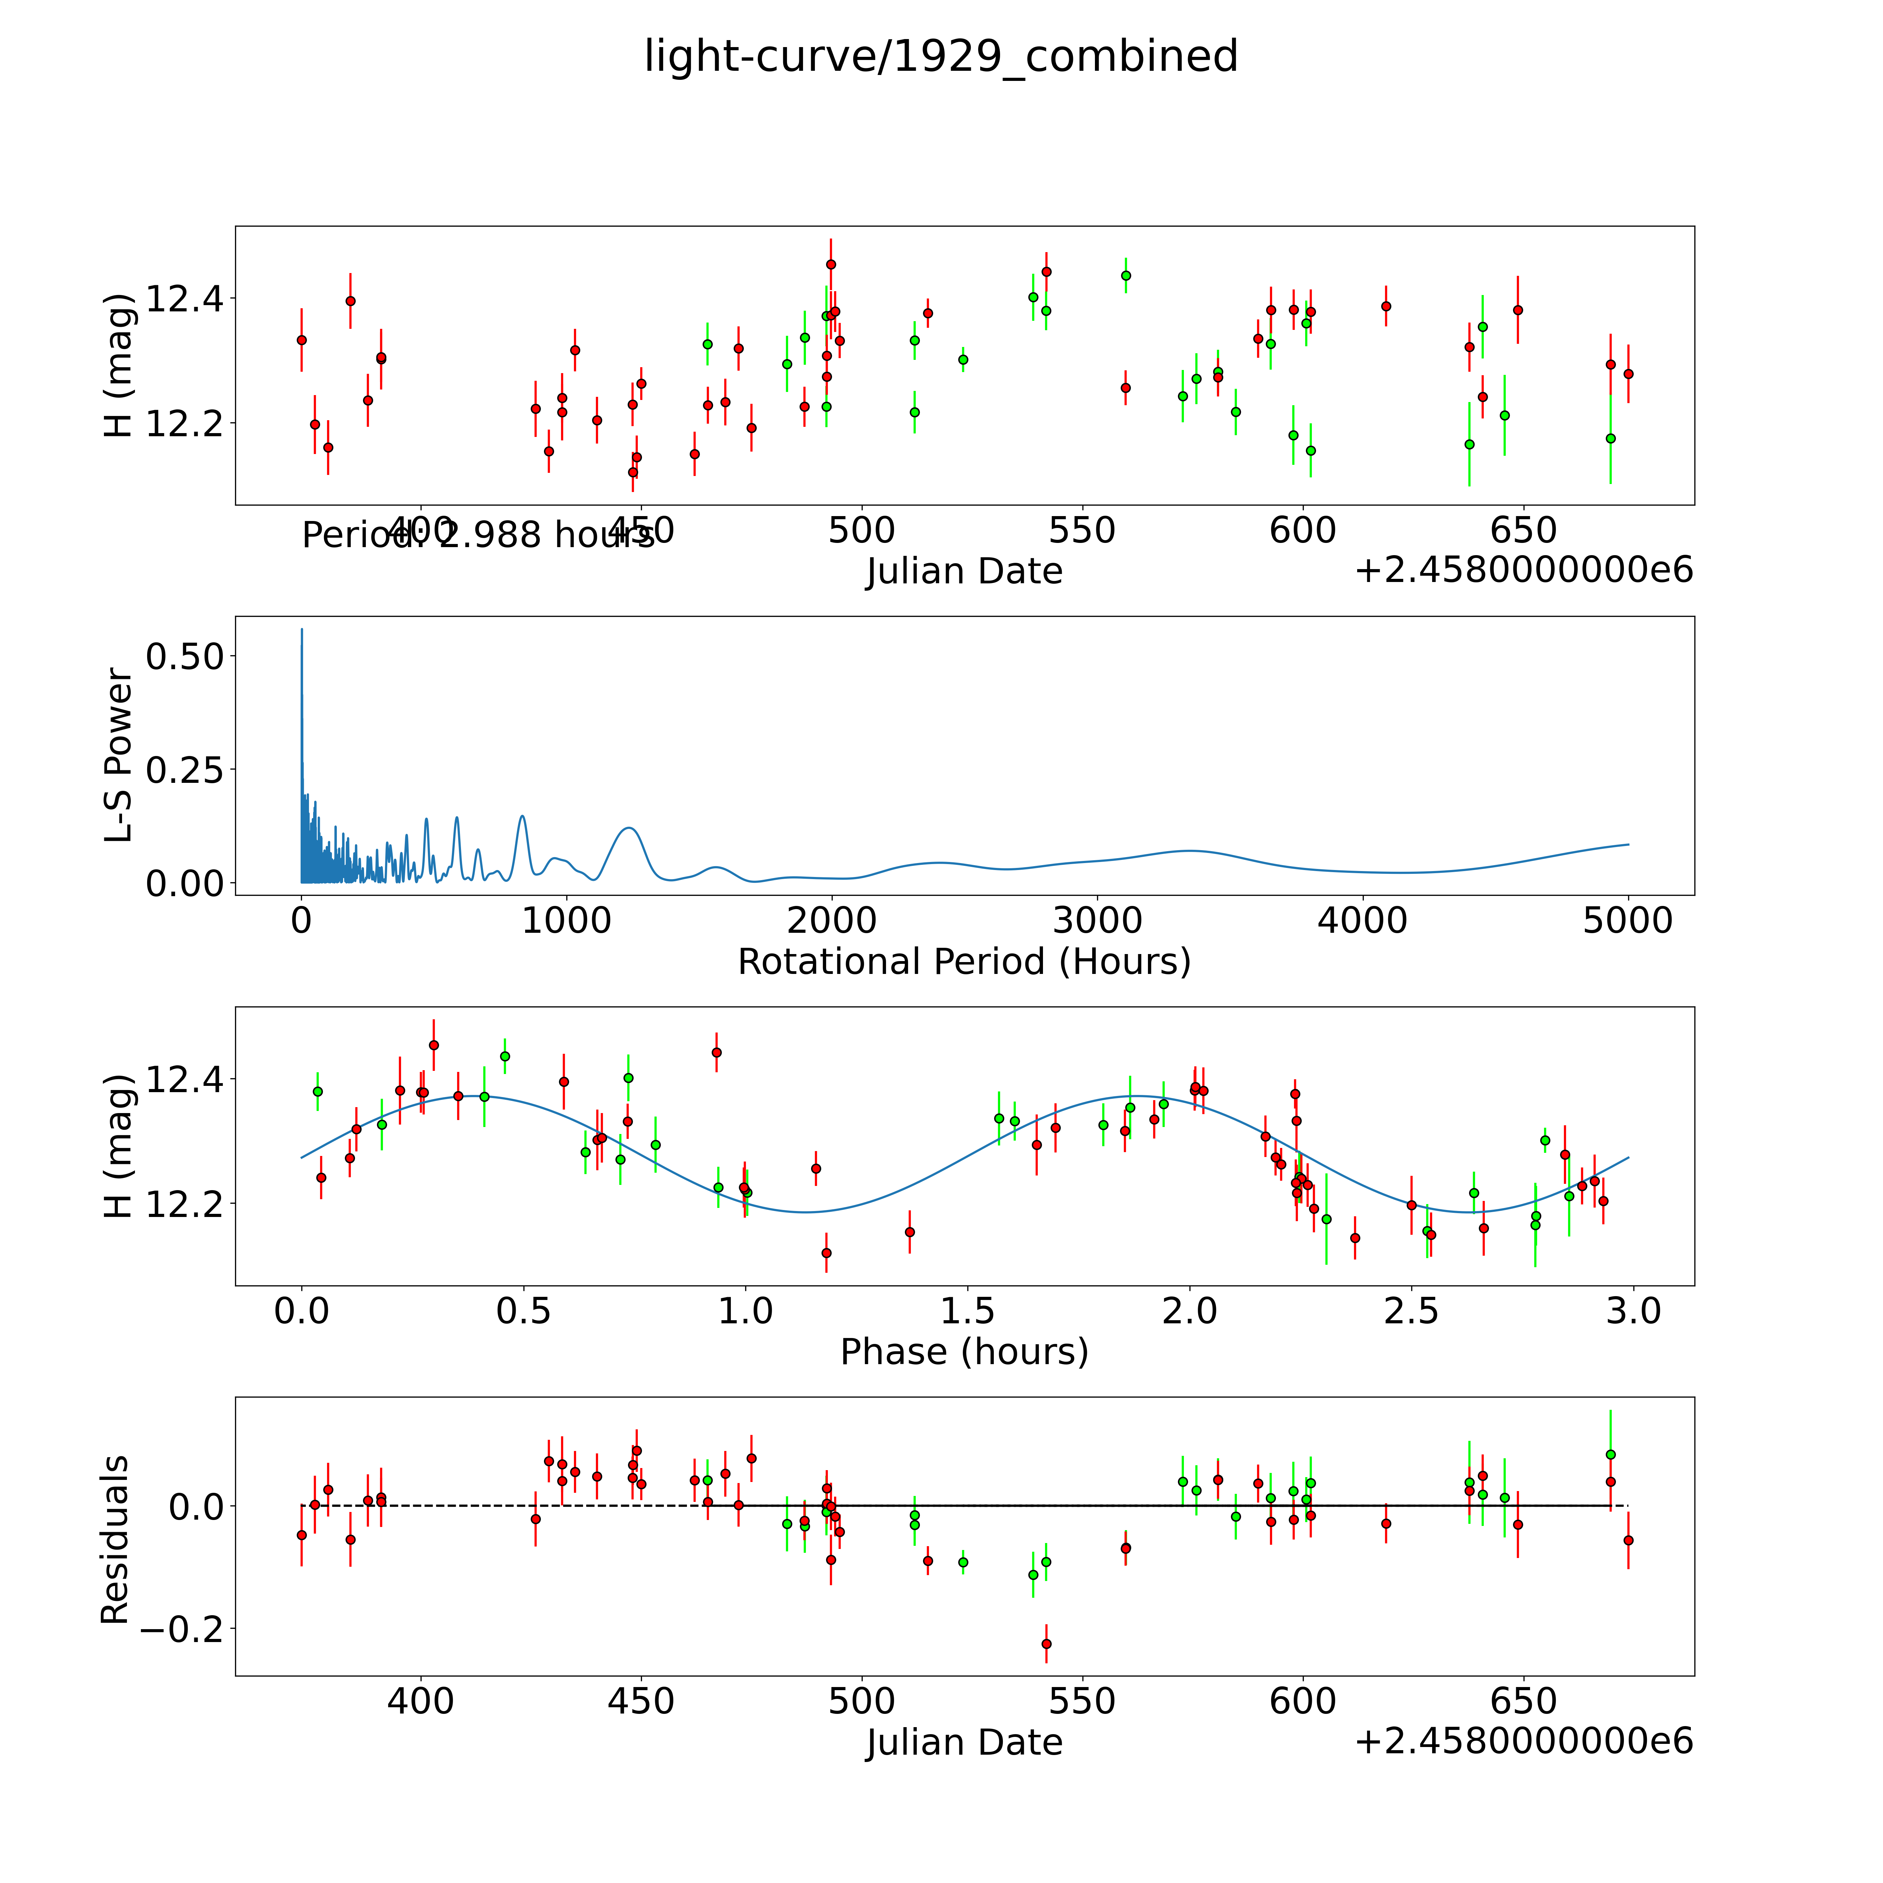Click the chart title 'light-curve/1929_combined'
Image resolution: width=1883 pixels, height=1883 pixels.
tap(940, 56)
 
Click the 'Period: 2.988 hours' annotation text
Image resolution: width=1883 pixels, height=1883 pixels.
tap(478, 535)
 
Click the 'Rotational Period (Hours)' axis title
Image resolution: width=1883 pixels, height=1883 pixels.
tap(964, 962)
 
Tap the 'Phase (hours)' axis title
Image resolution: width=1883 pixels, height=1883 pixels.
tap(964, 1352)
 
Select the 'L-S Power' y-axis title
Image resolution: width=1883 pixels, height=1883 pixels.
tap(118, 755)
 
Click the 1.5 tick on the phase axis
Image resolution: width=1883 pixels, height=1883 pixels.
tap(967, 1311)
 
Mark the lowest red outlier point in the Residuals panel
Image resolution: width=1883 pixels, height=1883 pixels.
tap(1046, 1643)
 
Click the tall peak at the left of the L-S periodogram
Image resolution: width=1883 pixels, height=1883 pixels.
tap(302, 632)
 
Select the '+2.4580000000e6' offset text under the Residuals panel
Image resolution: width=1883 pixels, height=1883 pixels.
tap(1523, 1741)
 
